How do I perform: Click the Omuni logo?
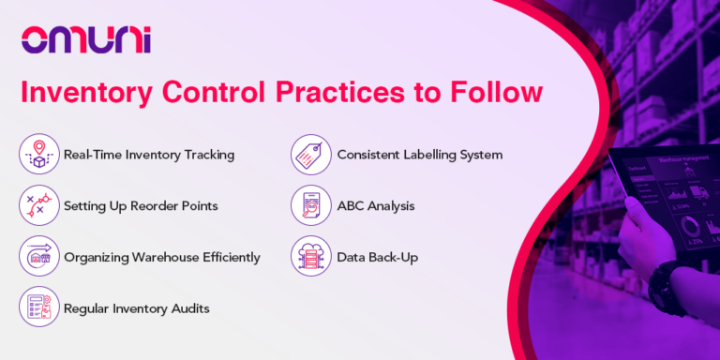tap(85, 40)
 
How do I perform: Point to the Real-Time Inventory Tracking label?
tap(148, 155)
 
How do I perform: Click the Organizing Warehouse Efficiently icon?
tap(38, 256)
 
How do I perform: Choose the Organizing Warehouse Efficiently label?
tap(161, 256)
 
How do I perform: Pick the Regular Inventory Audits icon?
tap(38, 307)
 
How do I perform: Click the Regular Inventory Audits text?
tap(137, 307)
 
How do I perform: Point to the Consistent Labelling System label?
tap(420, 155)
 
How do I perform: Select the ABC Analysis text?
tap(376, 205)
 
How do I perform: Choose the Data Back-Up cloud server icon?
tap(309, 256)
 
